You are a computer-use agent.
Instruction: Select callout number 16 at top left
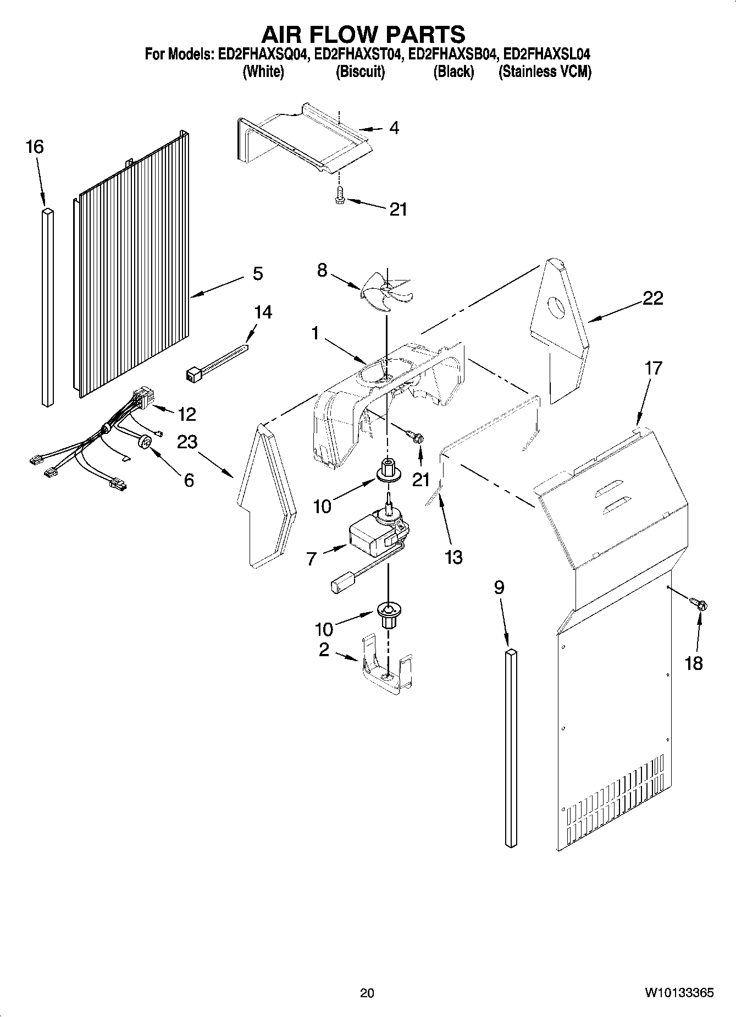click(35, 147)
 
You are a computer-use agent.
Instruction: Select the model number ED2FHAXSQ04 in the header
click(262, 54)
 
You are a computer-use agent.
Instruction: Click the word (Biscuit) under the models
click(360, 72)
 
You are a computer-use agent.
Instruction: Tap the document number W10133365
click(679, 993)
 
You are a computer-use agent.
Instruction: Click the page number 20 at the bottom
click(367, 993)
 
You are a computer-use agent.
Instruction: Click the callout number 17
click(653, 367)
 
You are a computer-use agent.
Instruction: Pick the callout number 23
click(187, 442)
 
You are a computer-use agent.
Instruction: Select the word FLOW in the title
click(363, 34)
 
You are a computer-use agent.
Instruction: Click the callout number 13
click(453, 557)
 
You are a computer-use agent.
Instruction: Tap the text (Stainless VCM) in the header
click(545, 72)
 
